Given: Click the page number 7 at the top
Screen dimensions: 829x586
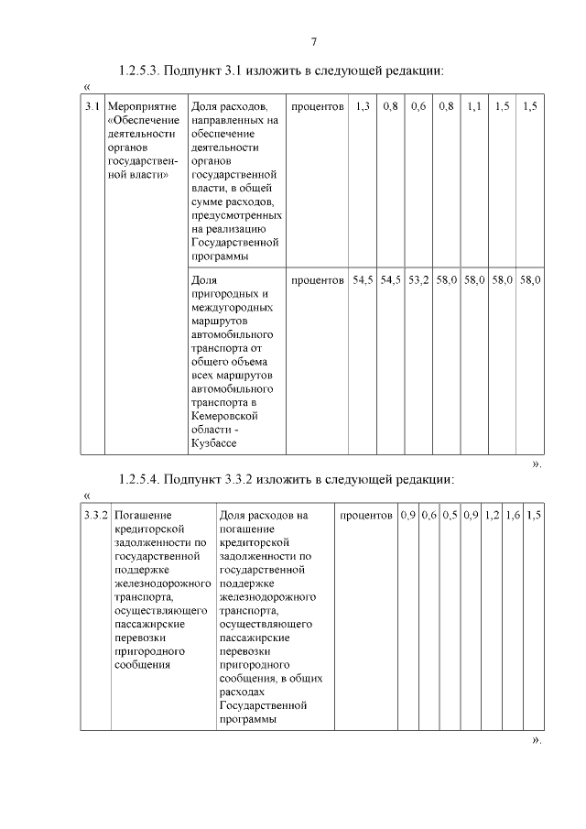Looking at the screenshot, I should pos(314,41).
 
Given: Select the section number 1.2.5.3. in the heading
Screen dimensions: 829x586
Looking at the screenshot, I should pos(140,71).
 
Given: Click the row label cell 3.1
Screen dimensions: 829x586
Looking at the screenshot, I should pos(91,107).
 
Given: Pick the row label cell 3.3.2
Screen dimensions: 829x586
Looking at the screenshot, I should pos(95,516).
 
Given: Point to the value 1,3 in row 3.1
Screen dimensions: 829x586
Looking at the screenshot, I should pos(363,107).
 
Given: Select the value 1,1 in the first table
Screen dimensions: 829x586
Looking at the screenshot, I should pos(473,107).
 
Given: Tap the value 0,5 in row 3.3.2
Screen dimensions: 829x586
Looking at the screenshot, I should pos(450,516).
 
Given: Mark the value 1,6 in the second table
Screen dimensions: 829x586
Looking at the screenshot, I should pos(513,516).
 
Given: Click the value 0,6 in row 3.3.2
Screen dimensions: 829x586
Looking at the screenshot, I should pos(429,516).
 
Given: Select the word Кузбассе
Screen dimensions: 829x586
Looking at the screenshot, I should pos(213,443).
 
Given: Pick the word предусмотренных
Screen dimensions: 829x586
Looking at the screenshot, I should pos(236,215).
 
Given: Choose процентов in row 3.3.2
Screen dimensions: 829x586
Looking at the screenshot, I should pos(366,516).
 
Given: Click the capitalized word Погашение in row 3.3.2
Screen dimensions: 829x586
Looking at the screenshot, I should pos(143,516).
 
